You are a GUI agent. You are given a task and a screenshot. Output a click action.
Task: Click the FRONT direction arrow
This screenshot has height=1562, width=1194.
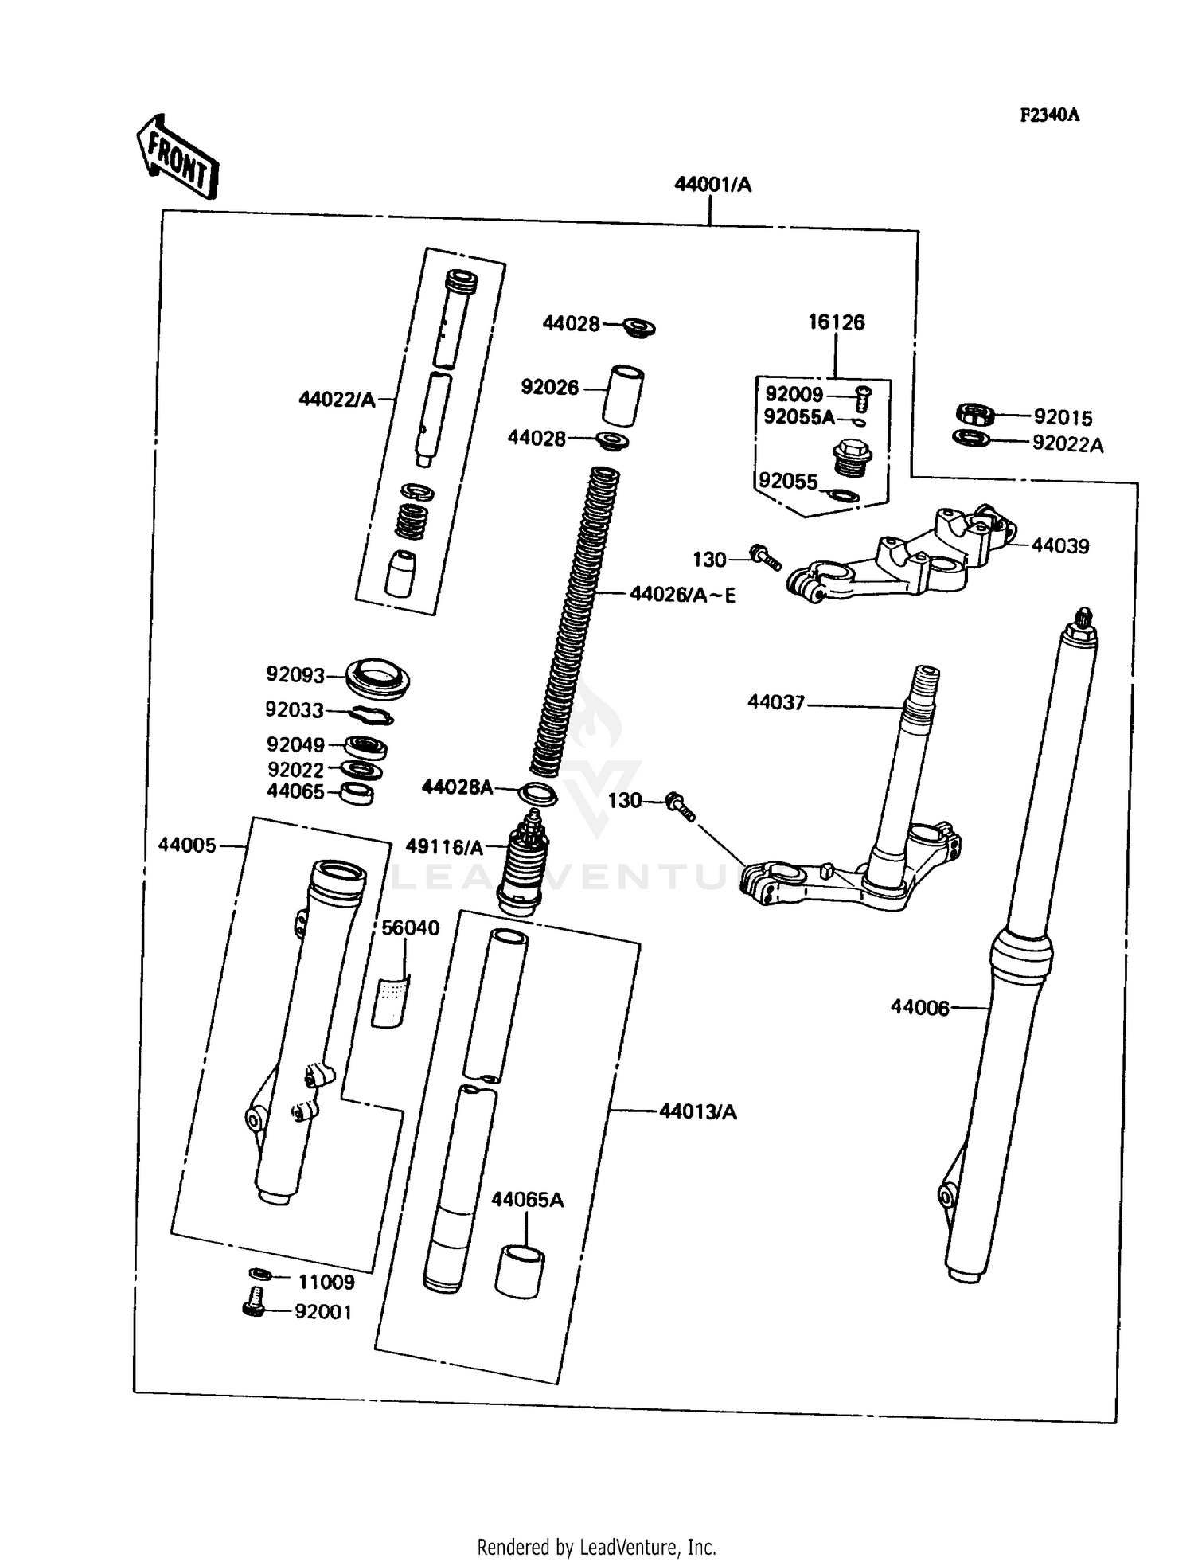click(177, 156)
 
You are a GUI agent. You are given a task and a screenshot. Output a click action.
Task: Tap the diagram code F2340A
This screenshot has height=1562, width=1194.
click(1049, 115)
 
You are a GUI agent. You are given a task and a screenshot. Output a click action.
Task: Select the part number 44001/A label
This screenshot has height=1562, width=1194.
click(712, 185)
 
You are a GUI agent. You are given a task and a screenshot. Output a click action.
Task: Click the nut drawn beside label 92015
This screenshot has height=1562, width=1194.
click(975, 414)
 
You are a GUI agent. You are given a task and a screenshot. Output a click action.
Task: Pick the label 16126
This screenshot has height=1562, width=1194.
click(836, 322)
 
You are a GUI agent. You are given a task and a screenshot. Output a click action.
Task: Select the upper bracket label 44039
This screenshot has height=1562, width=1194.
click(1060, 546)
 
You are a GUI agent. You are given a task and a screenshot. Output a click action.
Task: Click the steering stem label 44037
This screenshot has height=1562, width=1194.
click(776, 702)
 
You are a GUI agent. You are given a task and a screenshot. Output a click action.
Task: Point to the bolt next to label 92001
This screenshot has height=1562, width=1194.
click(253, 1301)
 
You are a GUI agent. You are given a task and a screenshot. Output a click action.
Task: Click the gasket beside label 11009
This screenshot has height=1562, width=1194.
click(259, 1274)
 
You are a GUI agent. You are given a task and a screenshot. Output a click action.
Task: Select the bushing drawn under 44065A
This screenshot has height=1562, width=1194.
click(520, 1271)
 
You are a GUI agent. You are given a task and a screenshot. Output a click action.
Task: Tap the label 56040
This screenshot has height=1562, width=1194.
click(410, 927)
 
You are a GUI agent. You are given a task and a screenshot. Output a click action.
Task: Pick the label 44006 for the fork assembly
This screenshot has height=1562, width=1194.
click(919, 1008)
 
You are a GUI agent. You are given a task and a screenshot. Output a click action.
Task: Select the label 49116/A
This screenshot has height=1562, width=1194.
click(444, 847)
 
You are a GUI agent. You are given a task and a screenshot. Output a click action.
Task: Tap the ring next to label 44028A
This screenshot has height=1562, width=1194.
click(537, 795)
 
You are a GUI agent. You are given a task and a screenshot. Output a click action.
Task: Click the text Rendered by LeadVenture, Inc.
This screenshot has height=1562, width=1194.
click(596, 1547)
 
